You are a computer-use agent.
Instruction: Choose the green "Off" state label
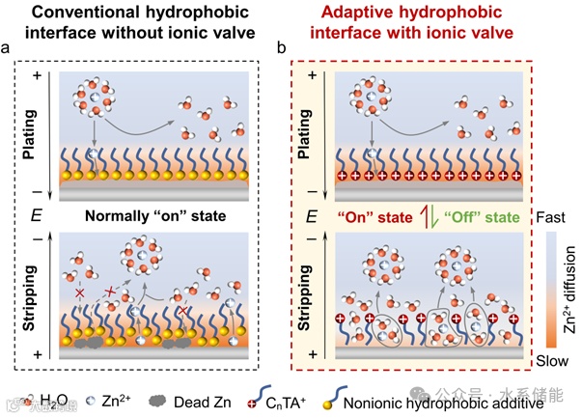point(480,215)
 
